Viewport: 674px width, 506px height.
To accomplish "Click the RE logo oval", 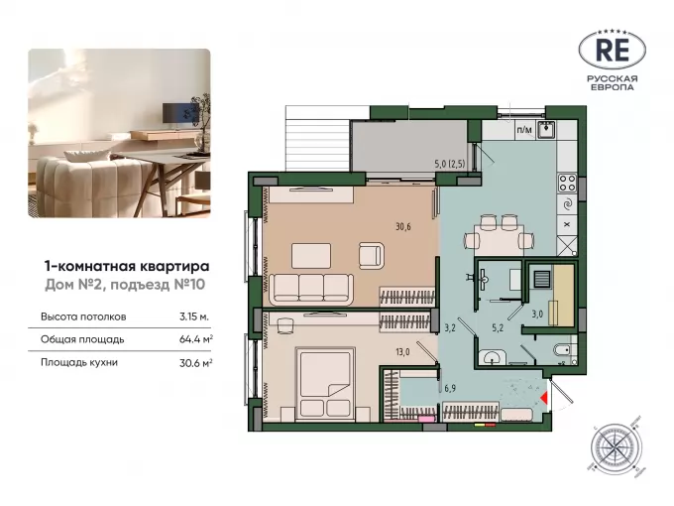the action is pyautogui.click(x=613, y=51).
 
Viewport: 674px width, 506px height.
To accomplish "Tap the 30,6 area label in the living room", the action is pyautogui.click(x=403, y=226).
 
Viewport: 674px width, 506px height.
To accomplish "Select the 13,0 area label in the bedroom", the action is pyautogui.click(x=402, y=352).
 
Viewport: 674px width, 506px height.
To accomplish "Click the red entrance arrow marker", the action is pyautogui.click(x=544, y=398).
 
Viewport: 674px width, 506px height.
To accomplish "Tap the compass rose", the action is pyautogui.click(x=616, y=447).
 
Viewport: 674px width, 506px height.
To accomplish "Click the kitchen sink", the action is pyautogui.click(x=547, y=129).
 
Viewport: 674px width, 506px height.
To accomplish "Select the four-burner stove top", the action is pyautogui.click(x=567, y=183).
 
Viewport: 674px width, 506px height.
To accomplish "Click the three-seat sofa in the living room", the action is pyautogui.click(x=311, y=289).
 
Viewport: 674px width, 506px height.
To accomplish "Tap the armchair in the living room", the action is pyautogui.click(x=372, y=256).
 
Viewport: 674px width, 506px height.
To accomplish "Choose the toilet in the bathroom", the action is pyautogui.click(x=564, y=350).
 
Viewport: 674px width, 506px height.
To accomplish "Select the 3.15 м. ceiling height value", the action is pyautogui.click(x=194, y=316).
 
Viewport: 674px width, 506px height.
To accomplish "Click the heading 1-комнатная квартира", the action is pyautogui.click(x=127, y=266).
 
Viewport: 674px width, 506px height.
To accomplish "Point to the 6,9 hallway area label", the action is pyautogui.click(x=450, y=388).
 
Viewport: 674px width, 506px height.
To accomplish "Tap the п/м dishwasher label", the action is pyautogui.click(x=524, y=129).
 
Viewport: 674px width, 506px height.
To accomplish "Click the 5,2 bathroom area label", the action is pyautogui.click(x=498, y=327).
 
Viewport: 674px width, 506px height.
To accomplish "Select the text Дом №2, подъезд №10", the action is pyautogui.click(x=125, y=285).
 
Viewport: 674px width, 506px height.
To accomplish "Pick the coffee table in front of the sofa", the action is pyautogui.click(x=311, y=256).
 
